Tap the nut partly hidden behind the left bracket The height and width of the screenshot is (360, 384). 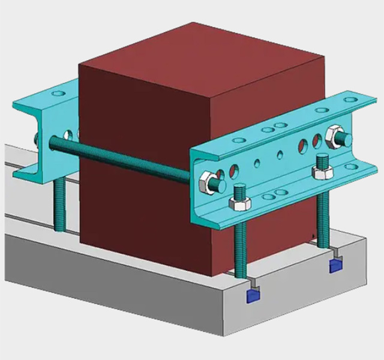37,140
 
